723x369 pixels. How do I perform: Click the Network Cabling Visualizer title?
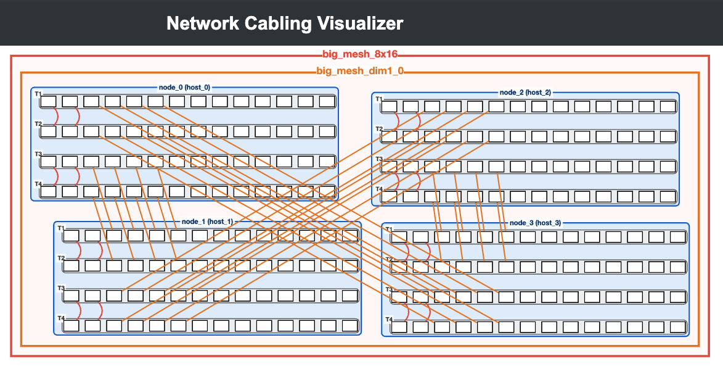coord(285,23)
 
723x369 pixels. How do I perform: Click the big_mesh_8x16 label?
coord(360,54)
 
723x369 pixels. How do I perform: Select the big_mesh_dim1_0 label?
coord(360,71)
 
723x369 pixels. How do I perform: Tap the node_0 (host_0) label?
coord(184,87)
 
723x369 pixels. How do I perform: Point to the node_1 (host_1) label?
coord(207,222)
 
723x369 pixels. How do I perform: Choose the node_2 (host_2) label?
coord(525,93)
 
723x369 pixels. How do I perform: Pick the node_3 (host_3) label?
coord(536,223)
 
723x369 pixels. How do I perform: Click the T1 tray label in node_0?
coord(38,94)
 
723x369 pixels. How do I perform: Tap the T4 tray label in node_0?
coord(38,184)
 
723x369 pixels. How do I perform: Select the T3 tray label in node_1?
coord(61,288)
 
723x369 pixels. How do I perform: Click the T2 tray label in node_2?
coord(378,129)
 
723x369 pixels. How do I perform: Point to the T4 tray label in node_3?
coord(389,320)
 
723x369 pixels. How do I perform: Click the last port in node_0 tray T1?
coord(327,102)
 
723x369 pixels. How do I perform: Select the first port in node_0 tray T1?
coord(49,102)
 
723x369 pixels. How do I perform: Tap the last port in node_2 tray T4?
coord(668,197)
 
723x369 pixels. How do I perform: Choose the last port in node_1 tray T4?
coord(350,326)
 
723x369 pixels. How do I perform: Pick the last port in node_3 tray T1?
coord(678,237)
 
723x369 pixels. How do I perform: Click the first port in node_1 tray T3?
coord(71,296)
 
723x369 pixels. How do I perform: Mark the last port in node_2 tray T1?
coord(668,107)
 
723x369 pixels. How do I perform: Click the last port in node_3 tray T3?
coord(678,297)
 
